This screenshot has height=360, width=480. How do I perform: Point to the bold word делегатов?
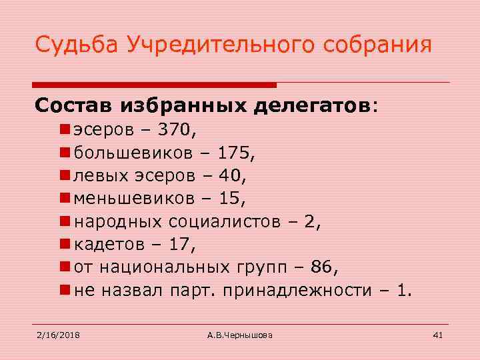coord(313,105)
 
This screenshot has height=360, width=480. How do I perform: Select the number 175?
coord(237,153)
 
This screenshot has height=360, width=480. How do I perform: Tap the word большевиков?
coord(134,153)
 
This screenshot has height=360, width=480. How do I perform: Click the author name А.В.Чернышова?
coord(239,334)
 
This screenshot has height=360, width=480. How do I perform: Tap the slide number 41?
coord(438,334)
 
